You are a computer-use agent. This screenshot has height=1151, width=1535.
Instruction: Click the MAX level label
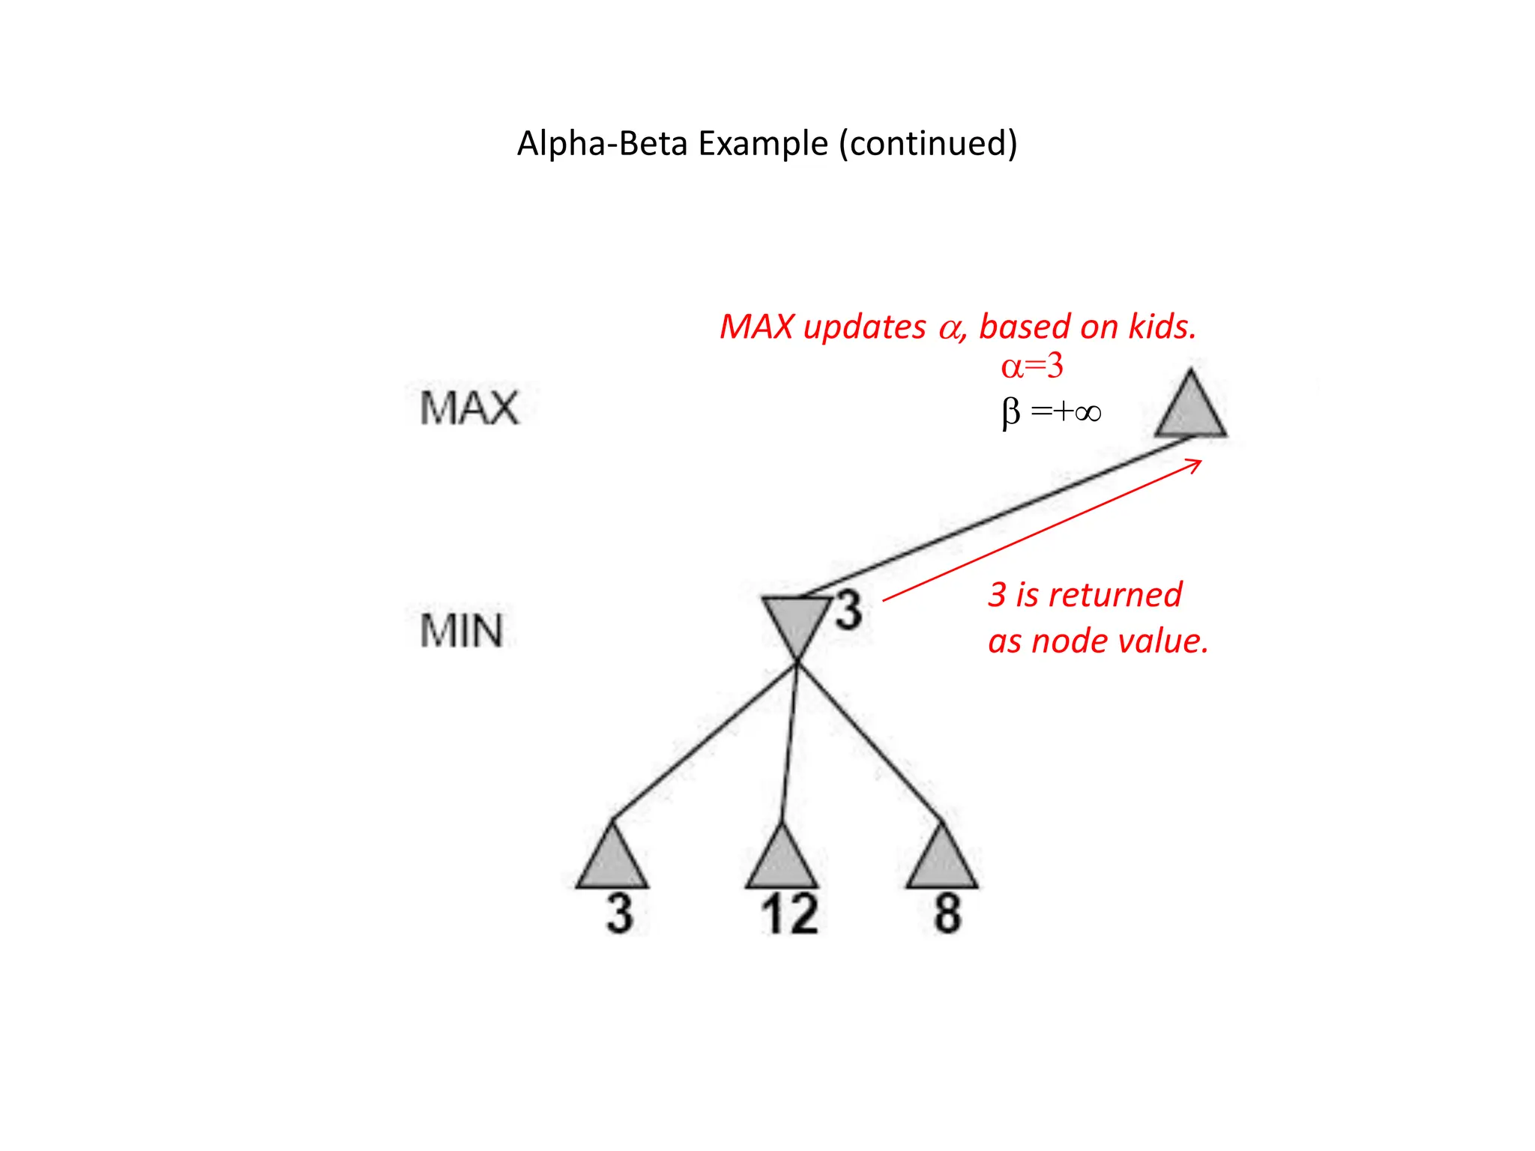point(469,408)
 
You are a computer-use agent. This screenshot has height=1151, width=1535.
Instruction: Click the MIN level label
point(461,631)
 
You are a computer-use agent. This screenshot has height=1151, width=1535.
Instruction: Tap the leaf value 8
point(947,914)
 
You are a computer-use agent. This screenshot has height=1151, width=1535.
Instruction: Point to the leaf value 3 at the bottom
point(620,914)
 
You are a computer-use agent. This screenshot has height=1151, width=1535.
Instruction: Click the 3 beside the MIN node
point(848,610)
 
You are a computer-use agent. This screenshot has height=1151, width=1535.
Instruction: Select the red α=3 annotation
point(1032,366)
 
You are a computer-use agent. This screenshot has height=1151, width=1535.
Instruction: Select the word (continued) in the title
point(928,143)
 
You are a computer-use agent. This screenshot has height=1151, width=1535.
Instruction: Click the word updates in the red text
point(864,327)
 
